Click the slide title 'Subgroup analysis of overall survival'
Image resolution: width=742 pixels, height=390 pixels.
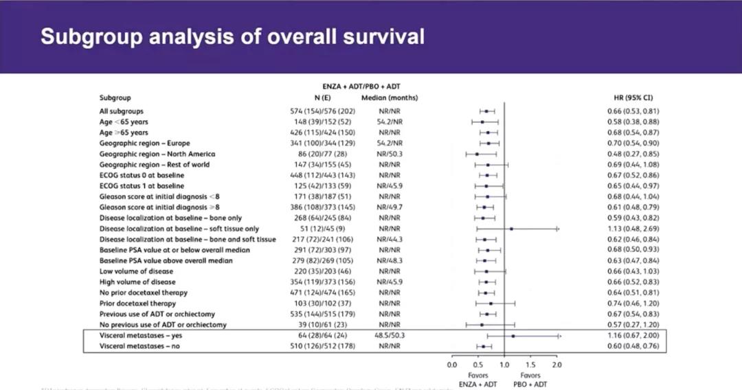pyautogui.click(x=232, y=36)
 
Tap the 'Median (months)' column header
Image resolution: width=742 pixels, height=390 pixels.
pyautogui.click(x=390, y=98)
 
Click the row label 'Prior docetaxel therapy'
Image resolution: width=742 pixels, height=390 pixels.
pyautogui.click(x=137, y=303)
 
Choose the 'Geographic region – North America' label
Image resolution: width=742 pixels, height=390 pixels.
pyautogui.click(x=157, y=154)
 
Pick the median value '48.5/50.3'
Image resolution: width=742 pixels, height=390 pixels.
pyautogui.click(x=390, y=336)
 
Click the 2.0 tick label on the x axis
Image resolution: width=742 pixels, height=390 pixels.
pyautogui.click(x=556, y=365)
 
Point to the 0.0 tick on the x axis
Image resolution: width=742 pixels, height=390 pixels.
pyautogui.click(x=452, y=365)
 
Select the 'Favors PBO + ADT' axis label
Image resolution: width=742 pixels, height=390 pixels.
pyautogui.click(x=530, y=380)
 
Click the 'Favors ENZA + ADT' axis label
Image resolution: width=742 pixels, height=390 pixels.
pyautogui.click(x=479, y=380)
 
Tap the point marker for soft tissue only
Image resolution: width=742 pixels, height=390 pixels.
pyautogui.click(x=511, y=229)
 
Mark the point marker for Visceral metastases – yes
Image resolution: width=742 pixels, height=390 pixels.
pyautogui.click(x=513, y=336)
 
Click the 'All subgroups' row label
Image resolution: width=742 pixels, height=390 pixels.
pyautogui.click(x=122, y=111)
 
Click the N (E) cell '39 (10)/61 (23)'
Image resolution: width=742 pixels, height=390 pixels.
pyautogui.click(x=322, y=324)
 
